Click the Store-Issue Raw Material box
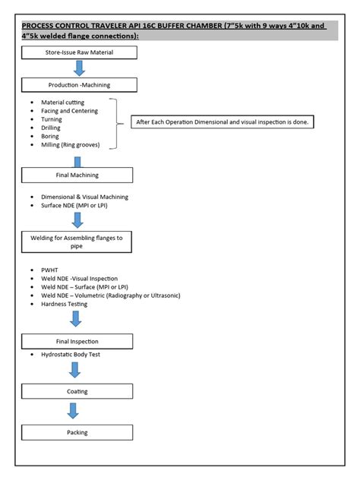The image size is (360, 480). pyautogui.click(x=79, y=52)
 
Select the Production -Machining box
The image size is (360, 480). pyautogui.click(x=79, y=85)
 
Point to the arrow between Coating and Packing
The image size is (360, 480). pyautogui.click(x=73, y=411)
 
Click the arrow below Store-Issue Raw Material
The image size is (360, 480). pyautogui.click(x=79, y=68)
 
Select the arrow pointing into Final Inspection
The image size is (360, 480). pyautogui.click(x=76, y=319)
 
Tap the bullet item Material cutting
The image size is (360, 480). pyautogui.click(x=62, y=103)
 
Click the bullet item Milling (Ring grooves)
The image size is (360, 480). pyautogui.click(x=72, y=145)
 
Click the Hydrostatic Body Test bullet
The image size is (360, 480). pyautogui.click(x=73, y=355)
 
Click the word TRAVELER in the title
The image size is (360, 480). pyautogui.click(x=125, y=26)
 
